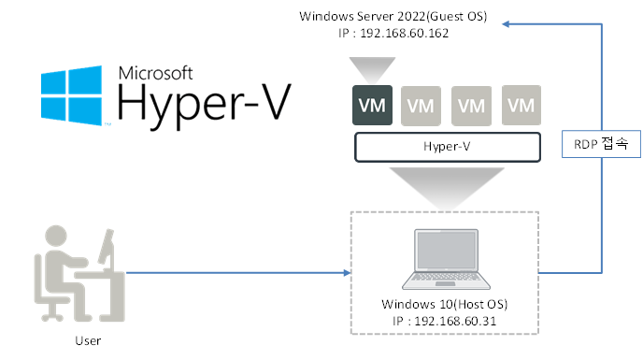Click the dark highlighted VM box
(x=372, y=105)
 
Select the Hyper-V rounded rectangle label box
(x=448, y=147)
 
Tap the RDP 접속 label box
(x=601, y=144)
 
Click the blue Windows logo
(x=71, y=95)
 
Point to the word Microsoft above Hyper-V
(x=155, y=73)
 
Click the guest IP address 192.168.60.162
(x=405, y=34)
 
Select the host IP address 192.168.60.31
(x=455, y=321)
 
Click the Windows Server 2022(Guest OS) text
(x=393, y=17)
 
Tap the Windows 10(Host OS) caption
(x=445, y=304)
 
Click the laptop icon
(x=446, y=259)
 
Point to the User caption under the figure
(x=88, y=340)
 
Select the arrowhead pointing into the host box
(x=348, y=272)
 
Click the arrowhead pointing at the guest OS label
(x=506, y=24)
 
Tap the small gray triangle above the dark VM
(x=372, y=70)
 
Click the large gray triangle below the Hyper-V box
(x=447, y=187)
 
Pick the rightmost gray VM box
(x=522, y=105)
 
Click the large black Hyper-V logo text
(x=205, y=105)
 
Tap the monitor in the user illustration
(x=107, y=247)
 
